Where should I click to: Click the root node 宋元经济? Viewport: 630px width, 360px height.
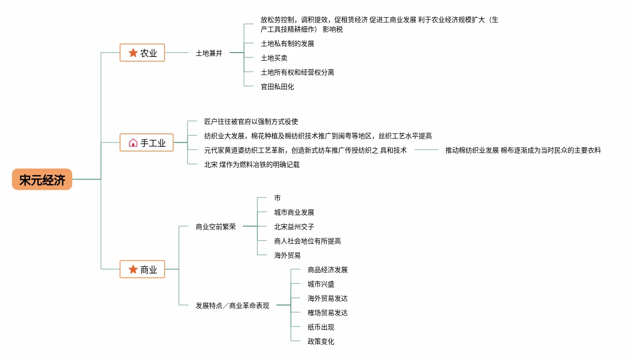tap(42, 180)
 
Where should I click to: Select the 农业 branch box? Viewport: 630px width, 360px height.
tap(142, 53)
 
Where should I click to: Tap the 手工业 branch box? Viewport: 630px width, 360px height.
tap(146, 142)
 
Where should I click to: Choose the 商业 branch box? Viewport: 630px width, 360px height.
tap(142, 270)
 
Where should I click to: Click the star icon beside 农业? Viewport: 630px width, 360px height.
tap(133, 53)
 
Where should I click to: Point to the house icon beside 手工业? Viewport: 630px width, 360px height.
tap(133, 142)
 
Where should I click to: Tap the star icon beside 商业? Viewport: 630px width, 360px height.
tap(133, 270)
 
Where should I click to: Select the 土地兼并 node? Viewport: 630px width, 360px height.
tap(209, 53)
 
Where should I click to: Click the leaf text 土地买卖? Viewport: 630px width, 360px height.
tap(274, 58)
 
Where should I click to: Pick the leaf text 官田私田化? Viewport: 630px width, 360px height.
tap(277, 87)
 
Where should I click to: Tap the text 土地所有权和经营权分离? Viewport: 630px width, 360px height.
tap(298, 72)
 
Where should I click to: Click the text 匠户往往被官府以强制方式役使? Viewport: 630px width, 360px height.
tap(251, 121)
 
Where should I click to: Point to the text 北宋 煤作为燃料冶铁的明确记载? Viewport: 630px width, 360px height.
tap(252, 164)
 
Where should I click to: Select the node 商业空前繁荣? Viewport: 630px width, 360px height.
tap(216, 227)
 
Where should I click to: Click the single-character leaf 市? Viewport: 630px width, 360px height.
tap(277, 198)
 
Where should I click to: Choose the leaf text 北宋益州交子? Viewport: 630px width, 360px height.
tap(294, 227)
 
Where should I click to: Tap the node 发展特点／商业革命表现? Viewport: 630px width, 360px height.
tap(232, 305)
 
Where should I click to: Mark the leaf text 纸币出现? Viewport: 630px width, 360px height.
tap(321, 327)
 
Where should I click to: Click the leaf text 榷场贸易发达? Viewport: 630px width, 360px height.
tap(328, 313)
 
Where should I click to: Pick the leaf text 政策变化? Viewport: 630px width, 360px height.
tap(321, 341)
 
